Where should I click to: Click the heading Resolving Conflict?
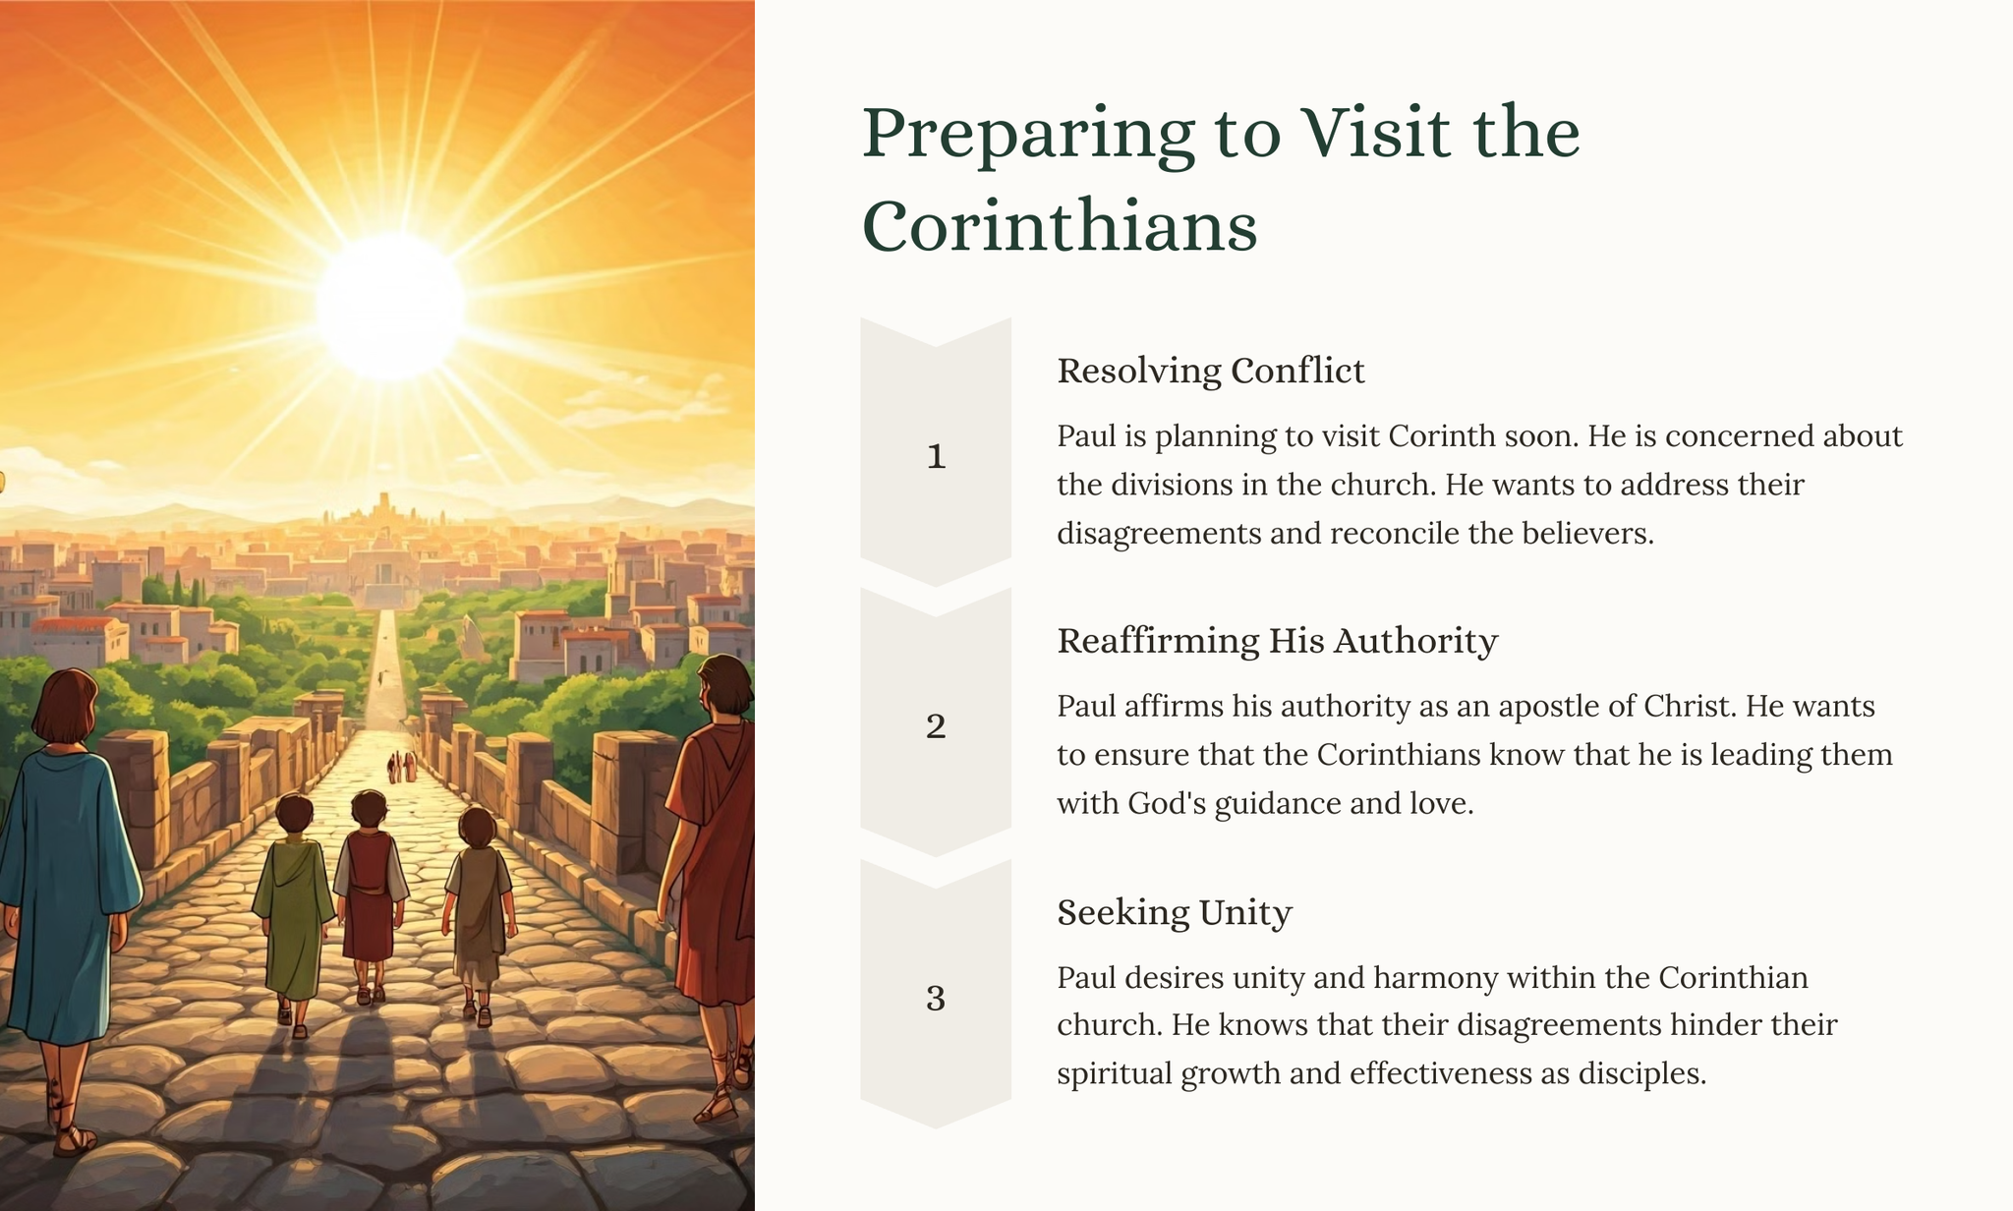click(1210, 372)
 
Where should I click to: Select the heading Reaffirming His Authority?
click(1277, 641)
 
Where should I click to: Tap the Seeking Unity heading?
click(1174, 913)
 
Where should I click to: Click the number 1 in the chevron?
click(936, 456)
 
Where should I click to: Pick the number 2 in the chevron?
click(936, 726)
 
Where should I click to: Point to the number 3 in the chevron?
click(936, 999)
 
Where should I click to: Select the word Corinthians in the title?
click(1060, 226)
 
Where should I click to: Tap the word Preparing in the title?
click(1028, 136)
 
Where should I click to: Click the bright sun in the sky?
click(391, 305)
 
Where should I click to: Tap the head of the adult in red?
click(725, 688)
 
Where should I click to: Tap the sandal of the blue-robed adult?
click(75, 1140)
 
